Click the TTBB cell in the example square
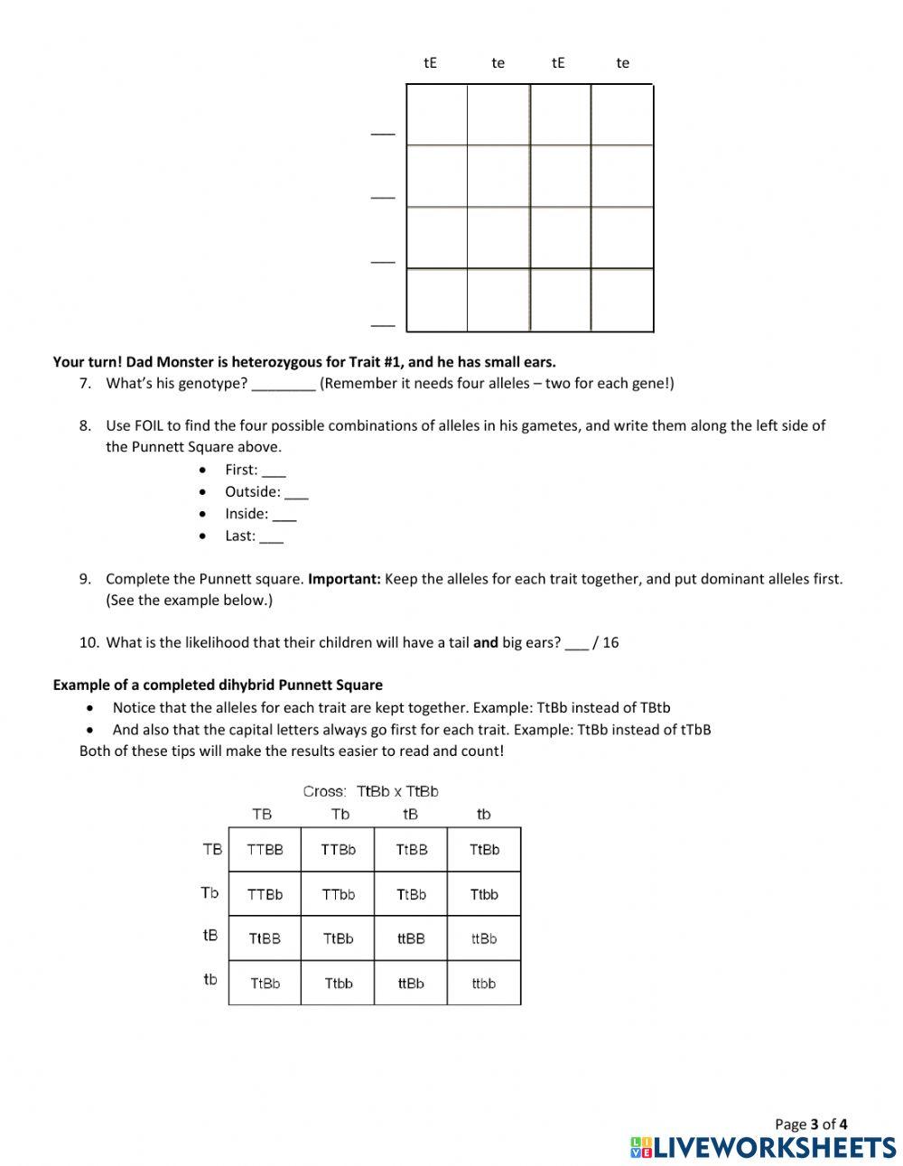[x=265, y=850]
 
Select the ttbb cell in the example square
[x=484, y=984]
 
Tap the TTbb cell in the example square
[x=339, y=894]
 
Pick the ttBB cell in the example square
[x=411, y=938]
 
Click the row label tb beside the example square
[x=210, y=979]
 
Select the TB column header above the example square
[x=262, y=814]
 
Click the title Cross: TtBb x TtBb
[x=370, y=791]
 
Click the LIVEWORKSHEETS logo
[x=763, y=1147]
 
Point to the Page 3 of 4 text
[x=811, y=1124]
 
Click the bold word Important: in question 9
[x=344, y=578]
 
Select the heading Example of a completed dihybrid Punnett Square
[x=218, y=685]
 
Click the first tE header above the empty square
[x=431, y=62]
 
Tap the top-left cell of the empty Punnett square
[x=437, y=115]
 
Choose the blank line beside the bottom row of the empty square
[x=383, y=322]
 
